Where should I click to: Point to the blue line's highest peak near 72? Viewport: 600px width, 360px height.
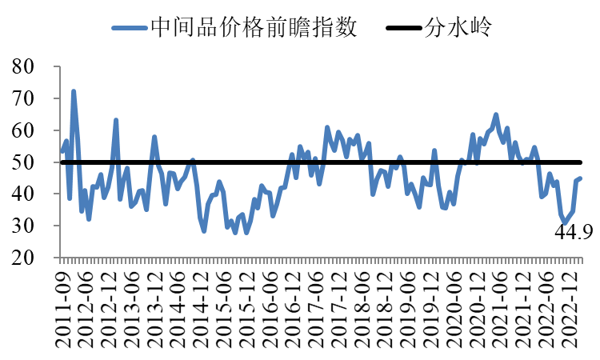click(74, 92)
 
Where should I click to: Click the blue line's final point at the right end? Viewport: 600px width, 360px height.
click(580, 178)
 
